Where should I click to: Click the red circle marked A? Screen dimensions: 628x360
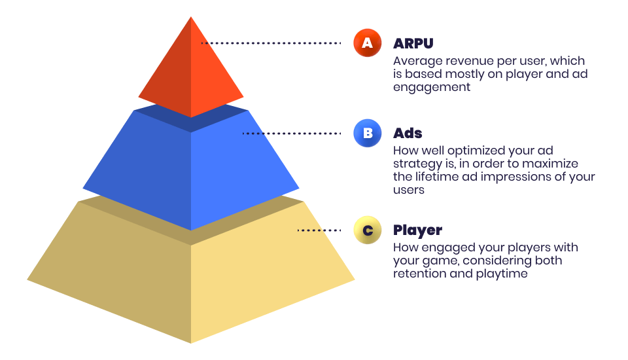click(x=367, y=43)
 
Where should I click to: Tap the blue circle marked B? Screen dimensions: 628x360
click(x=367, y=133)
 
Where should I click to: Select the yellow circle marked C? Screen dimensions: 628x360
click(x=367, y=230)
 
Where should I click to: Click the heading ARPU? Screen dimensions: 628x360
click(x=413, y=43)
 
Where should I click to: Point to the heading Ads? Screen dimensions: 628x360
click(x=408, y=133)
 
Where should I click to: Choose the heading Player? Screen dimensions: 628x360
click(x=417, y=230)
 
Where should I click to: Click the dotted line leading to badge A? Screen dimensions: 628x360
click(x=271, y=43)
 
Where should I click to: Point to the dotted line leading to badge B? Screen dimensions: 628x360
click(x=292, y=133)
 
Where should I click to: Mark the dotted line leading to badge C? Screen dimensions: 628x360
click(x=319, y=230)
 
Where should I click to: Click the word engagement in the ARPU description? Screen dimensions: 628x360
click(x=431, y=88)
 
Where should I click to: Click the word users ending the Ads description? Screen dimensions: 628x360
click(x=408, y=190)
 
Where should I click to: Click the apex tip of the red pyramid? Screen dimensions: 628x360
click(x=191, y=16)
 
